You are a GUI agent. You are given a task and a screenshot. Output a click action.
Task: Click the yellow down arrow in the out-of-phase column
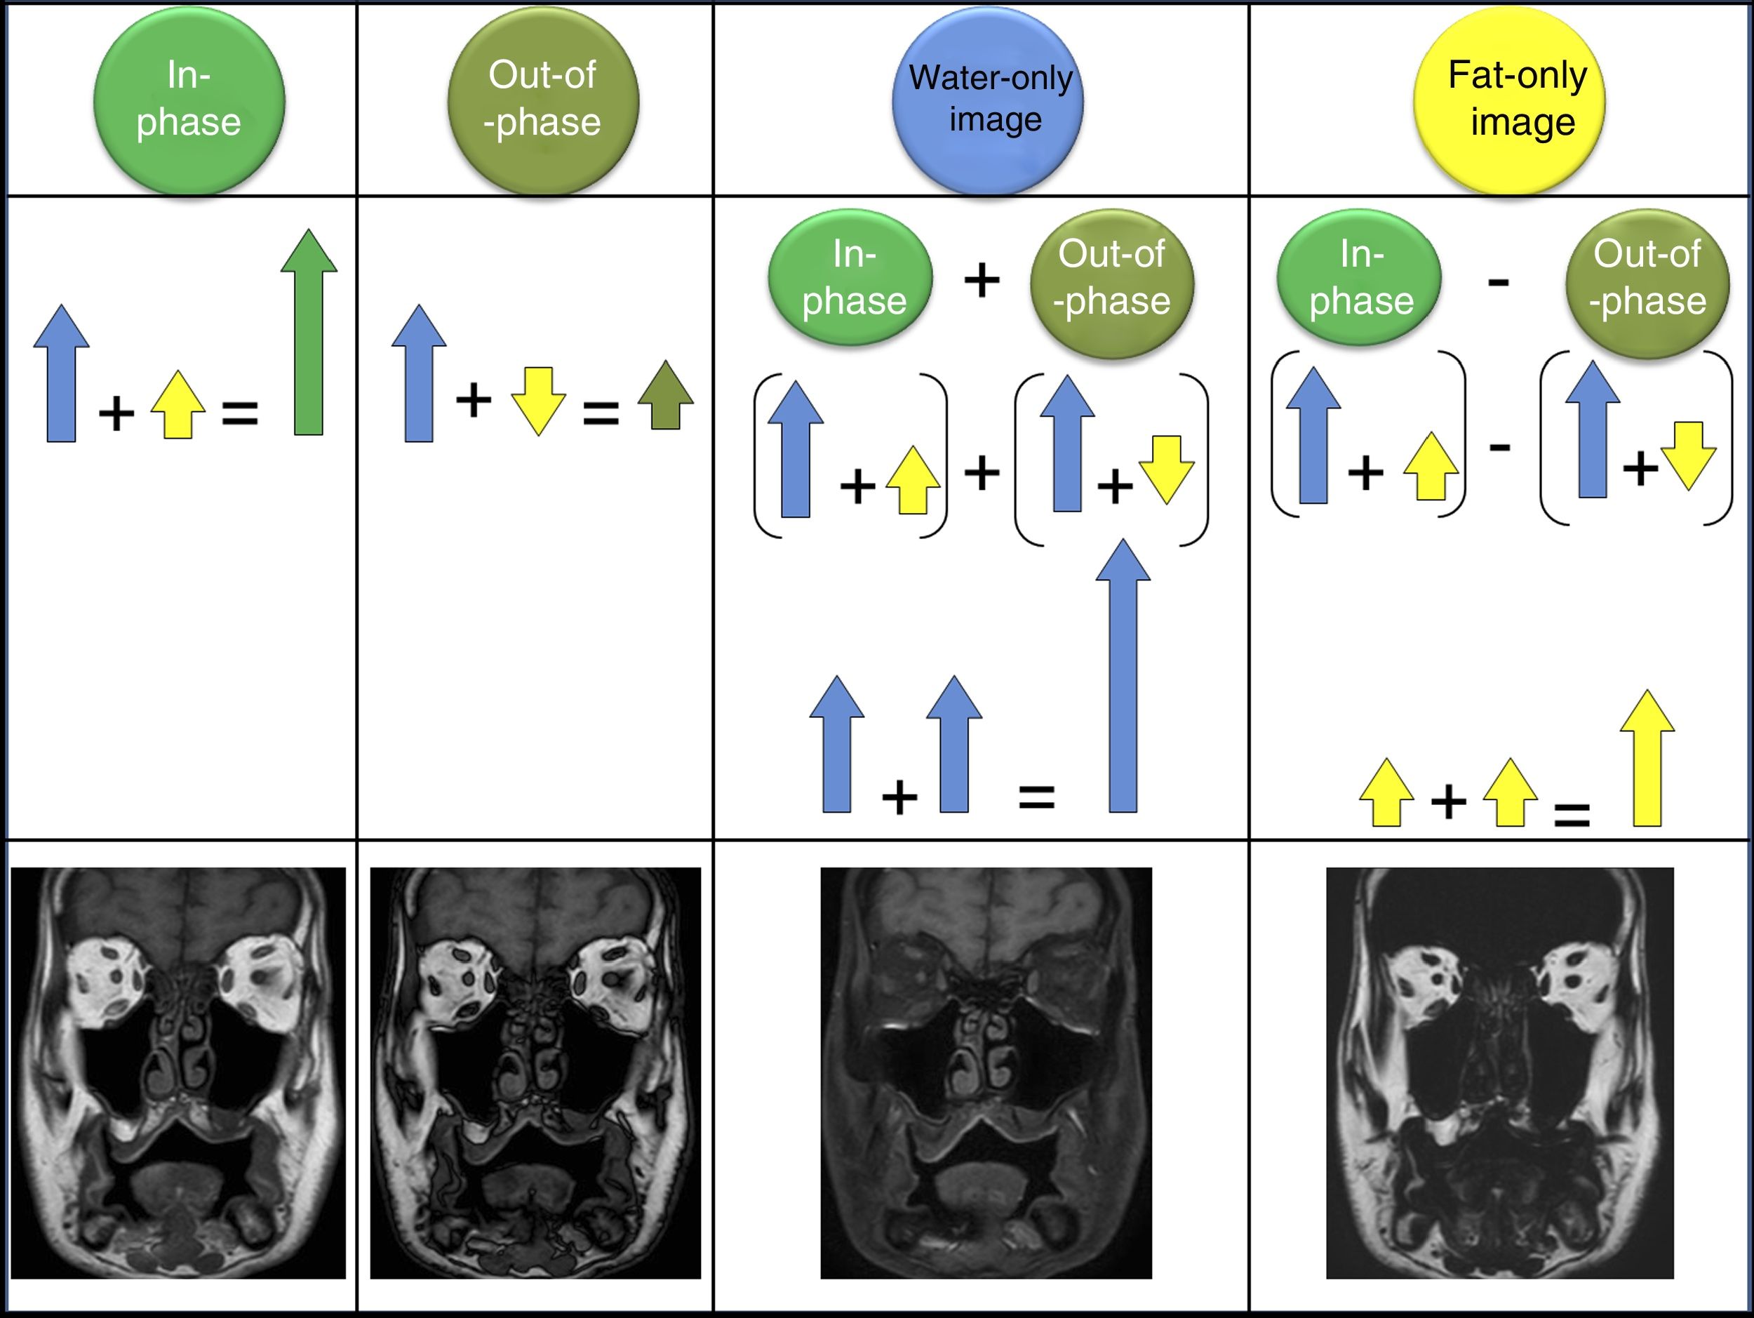[538, 401]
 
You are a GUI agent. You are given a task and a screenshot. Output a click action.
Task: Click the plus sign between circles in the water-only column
[982, 280]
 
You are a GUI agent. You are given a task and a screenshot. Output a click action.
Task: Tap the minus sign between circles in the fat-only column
[1498, 281]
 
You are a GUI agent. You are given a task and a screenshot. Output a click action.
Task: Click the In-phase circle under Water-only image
[850, 277]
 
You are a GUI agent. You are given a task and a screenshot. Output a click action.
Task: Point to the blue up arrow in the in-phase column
[61, 373]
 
